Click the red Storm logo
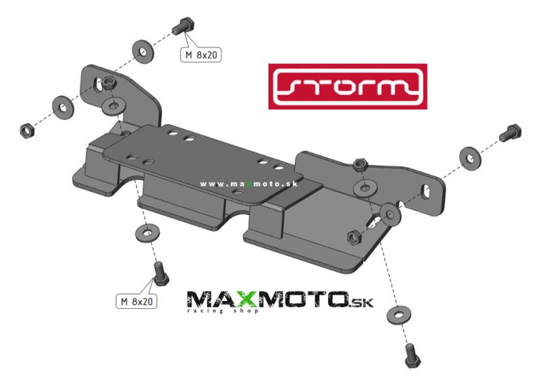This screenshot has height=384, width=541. tap(348, 87)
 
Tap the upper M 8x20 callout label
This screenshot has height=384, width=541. tap(201, 55)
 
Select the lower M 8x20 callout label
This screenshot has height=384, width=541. tap(137, 302)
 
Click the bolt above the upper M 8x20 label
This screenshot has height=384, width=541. tap(184, 25)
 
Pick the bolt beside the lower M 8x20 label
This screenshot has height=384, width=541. tap(160, 274)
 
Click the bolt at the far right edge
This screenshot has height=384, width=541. tap(511, 133)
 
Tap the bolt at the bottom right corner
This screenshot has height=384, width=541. tap(411, 356)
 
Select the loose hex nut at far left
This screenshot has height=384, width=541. tap(26, 130)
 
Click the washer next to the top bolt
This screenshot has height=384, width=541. tap(143, 52)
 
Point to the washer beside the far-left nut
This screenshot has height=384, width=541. tap(63, 107)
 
